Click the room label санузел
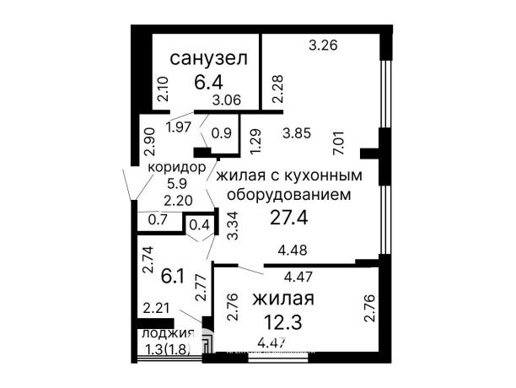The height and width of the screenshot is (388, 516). click(208, 59)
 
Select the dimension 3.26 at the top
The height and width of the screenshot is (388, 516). click(323, 46)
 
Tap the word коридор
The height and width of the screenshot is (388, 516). click(177, 167)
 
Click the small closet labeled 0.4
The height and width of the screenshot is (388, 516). click(199, 225)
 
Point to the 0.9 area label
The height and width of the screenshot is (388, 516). click(222, 132)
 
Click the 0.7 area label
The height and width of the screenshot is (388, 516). click(157, 220)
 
